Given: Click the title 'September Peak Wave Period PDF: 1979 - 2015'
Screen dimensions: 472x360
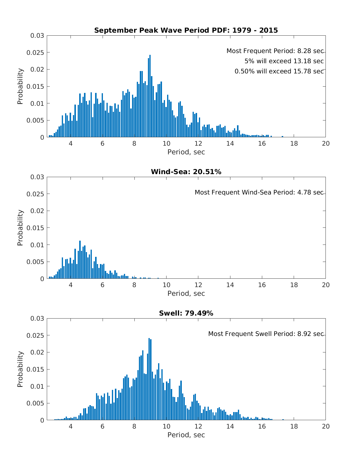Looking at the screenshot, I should (x=186, y=30).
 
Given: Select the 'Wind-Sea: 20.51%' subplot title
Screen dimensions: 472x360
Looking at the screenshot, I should (x=186, y=172).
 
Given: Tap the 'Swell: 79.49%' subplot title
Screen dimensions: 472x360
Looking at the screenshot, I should (x=186, y=313).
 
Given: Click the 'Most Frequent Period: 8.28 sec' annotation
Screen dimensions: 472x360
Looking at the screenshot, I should (x=275, y=51).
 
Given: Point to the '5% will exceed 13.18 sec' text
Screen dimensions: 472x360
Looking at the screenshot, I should (x=284, y=61).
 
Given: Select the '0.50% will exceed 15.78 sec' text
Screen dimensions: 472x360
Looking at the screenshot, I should (x=279, y=71).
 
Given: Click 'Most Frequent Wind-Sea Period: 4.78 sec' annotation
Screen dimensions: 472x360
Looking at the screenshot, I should (x=259, y=192).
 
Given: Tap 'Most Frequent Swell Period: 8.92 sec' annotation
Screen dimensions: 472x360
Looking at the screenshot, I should (x=266, y=334).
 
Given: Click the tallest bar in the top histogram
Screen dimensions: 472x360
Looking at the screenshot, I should (x=150, y=96).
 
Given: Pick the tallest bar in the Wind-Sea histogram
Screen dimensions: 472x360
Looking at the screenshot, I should (x=80, y=260).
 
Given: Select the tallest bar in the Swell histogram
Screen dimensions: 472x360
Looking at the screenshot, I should (x=149, y=379).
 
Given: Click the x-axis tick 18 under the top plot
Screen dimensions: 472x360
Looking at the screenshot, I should (x=294, y=144).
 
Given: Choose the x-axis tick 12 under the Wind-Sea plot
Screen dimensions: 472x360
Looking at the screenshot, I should (x=198, y=285).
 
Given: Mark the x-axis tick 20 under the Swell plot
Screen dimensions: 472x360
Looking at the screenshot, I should (x=325, y=426).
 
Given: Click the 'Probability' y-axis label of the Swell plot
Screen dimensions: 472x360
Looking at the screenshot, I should (x=20, y=369).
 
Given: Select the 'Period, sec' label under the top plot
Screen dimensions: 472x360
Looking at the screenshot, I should (x=186, y=152).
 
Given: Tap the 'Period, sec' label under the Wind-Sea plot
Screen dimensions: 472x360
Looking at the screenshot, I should (x=186, y=293).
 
